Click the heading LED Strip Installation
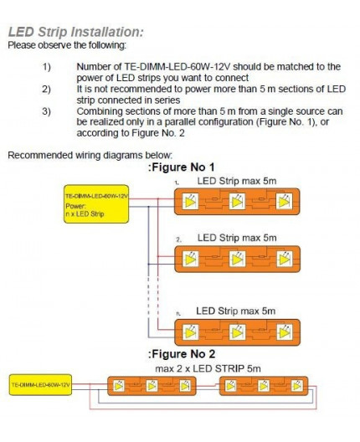pos(75,32)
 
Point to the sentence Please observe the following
pos(68,44)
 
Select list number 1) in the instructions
pos(46,66)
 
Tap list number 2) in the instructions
pos(46,87)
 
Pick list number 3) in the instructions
pos(46,109)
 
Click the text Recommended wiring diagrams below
pos(90,154)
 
